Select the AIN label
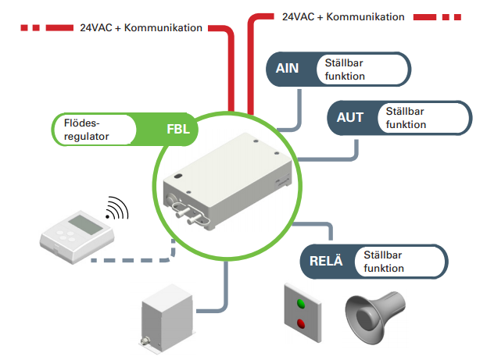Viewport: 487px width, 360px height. click(288, 69)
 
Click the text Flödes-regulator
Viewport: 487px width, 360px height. click(83, 130)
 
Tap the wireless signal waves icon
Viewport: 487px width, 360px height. click(117, 210)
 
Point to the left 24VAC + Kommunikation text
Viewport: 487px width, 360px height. click(141, 27)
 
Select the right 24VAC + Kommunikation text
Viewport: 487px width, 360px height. click(342, 16)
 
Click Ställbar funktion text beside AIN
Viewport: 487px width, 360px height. click(342, 69)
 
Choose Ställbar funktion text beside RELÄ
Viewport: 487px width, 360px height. click(384, 262)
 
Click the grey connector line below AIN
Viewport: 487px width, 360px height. click(299, 109)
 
